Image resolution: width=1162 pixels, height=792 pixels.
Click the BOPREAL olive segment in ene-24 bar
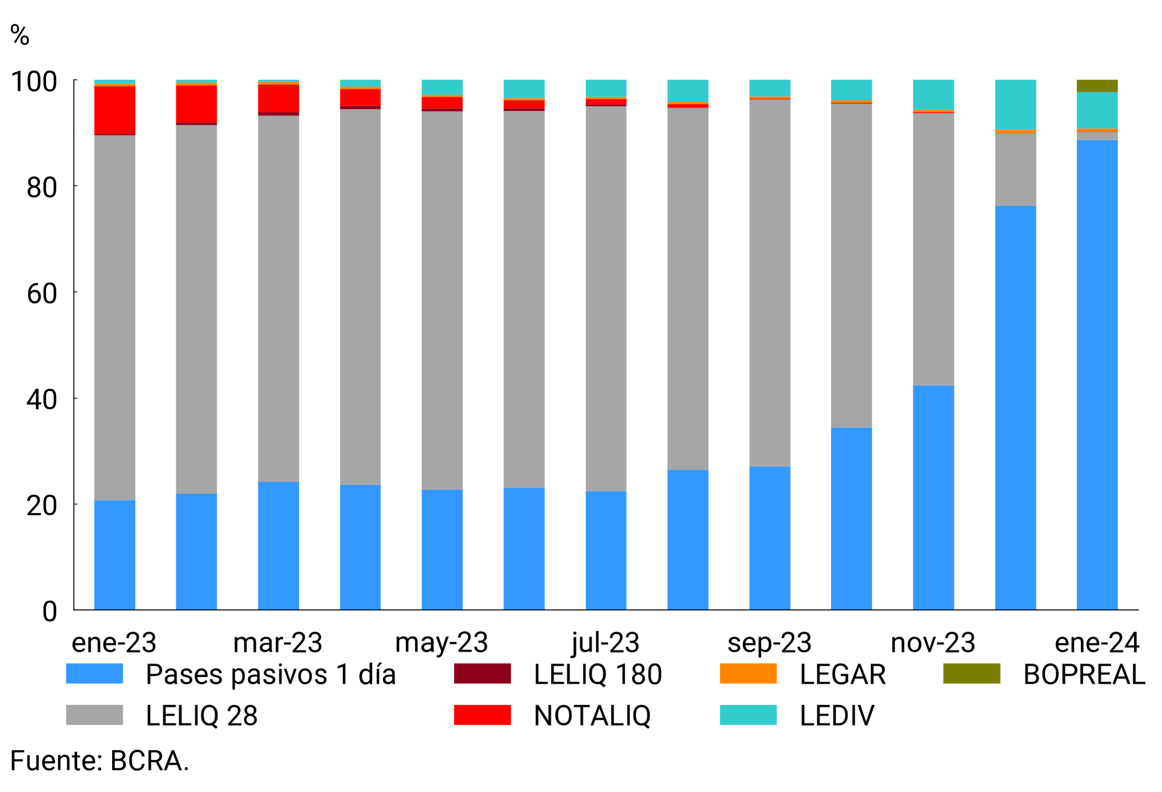tap(1097, 86)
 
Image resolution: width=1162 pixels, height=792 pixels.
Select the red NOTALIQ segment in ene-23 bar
tap(114, 110)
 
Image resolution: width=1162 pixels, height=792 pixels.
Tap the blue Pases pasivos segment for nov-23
tap(933, 497)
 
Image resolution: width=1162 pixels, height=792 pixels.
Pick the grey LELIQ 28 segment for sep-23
tap(769, 283)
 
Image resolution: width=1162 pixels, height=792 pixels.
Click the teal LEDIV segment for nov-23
tap(933, 94)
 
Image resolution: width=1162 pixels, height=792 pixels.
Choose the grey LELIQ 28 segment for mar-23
tap(278, 298)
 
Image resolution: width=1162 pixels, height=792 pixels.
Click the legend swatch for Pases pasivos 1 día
tap(94, 673)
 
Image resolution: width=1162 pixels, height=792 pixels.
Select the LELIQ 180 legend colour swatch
tap(482, 673)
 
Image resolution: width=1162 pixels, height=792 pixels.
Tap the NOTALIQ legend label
tap(592, 715)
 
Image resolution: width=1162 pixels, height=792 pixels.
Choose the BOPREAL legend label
tap(1084, 674)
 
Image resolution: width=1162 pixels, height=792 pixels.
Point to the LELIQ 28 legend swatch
tap(94, 714)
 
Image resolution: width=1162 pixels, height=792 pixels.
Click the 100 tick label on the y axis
tap(34, 82)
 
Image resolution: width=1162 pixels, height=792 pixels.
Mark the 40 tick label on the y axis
tap(42, 400)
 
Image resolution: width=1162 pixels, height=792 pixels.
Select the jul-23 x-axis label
tap(606, 643)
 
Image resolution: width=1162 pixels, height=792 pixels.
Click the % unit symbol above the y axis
tap(19, 35)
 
